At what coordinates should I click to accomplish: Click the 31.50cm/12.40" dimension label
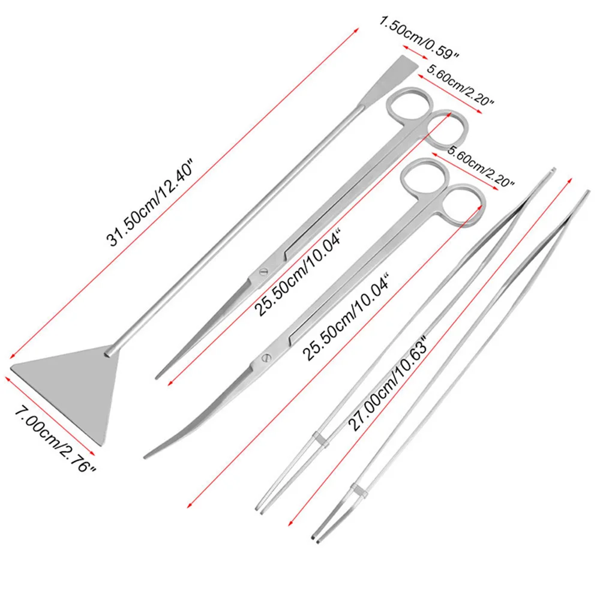tap(151, 203)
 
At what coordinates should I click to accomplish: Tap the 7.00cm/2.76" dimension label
tap(55, 440)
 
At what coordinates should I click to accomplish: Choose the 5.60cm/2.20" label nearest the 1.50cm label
tap(460, 86)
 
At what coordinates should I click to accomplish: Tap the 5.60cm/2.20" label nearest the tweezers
tap(481, 166)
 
